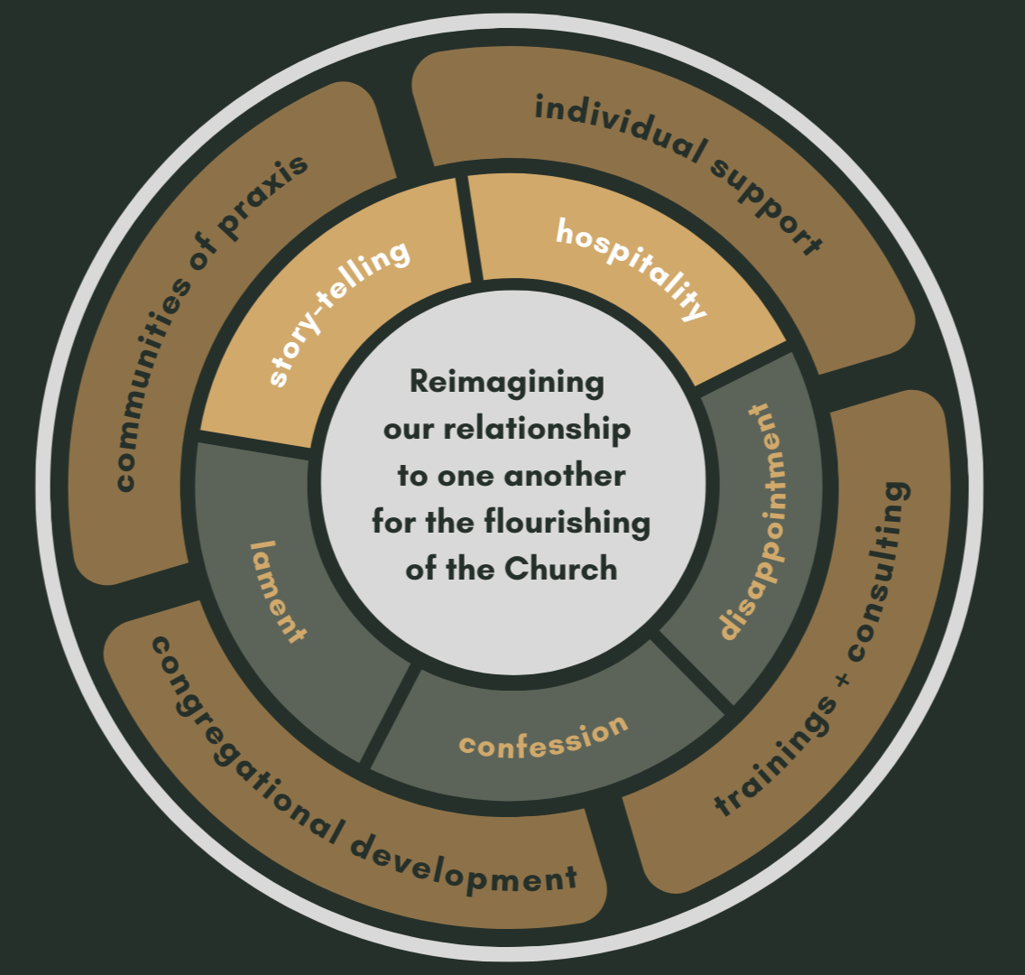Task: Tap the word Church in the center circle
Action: [560, 570]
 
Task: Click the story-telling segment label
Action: [339, 312]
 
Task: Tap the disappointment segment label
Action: [747, 522]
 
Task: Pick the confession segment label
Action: [544, 736]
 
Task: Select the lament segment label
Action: [278, 591]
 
